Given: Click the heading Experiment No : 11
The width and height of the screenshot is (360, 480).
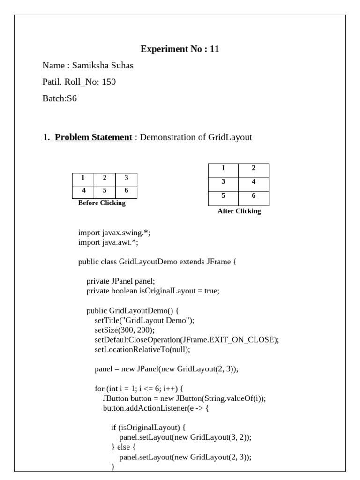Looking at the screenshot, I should [x=180, y=49].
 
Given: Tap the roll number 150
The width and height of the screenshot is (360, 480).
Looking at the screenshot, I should [x=109, y=82].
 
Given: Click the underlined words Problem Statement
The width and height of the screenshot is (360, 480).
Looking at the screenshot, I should [x=93, y=137].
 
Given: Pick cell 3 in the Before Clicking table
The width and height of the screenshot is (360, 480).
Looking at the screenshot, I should [x=126, y=178].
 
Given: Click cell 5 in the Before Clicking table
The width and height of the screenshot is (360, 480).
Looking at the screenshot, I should [x=105, y=191].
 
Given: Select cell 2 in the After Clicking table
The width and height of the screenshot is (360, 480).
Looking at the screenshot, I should [x=254, y=168].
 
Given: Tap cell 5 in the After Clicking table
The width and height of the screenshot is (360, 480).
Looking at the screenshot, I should [x=223, y=196].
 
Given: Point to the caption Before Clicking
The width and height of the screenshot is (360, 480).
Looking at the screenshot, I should [x=102, y=203].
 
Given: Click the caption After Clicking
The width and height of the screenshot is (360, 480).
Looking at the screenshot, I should [x=239, y=211].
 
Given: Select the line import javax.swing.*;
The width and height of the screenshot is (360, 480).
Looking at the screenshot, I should [x=114, y=233].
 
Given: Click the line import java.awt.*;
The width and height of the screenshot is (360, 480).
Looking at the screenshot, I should [x=108, y=242].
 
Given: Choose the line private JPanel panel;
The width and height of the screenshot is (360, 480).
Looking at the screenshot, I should [x=120, y=281].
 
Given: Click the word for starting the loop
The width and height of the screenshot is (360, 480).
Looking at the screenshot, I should [x=99, y=389].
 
